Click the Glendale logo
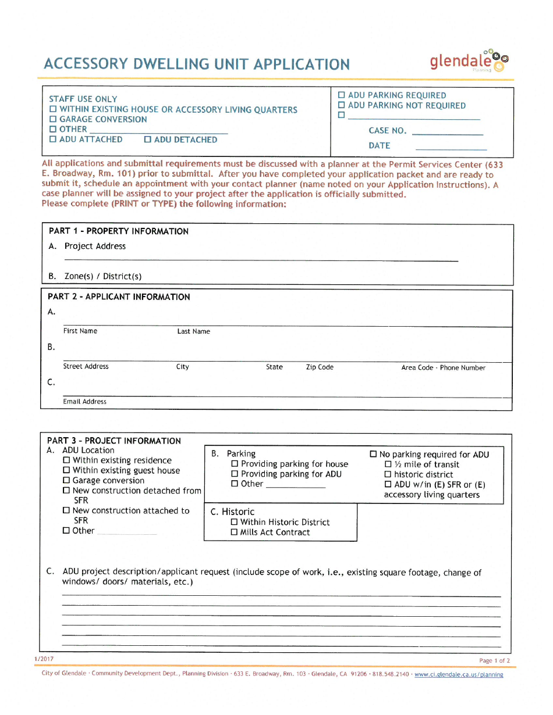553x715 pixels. [469, 60]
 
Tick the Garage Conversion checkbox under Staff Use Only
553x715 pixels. [53, 119]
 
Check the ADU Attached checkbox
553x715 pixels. [53, 140]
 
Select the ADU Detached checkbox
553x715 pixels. [148, 140]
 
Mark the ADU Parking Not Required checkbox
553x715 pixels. [342, 105]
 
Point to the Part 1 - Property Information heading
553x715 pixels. [119, 231]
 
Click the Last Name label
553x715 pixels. [193, 331]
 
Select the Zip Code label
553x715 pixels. [320, 367]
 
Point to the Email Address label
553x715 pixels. [85, 402]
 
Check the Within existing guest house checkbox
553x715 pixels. [66, 470]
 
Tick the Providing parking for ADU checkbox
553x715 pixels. [235, 474]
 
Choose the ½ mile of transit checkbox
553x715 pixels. [388, 464]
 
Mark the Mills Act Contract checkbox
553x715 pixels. [235, 532]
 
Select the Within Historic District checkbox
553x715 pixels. [235, 522]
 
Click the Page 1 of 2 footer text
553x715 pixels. [494, 660]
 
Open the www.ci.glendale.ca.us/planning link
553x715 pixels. [458, 674]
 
